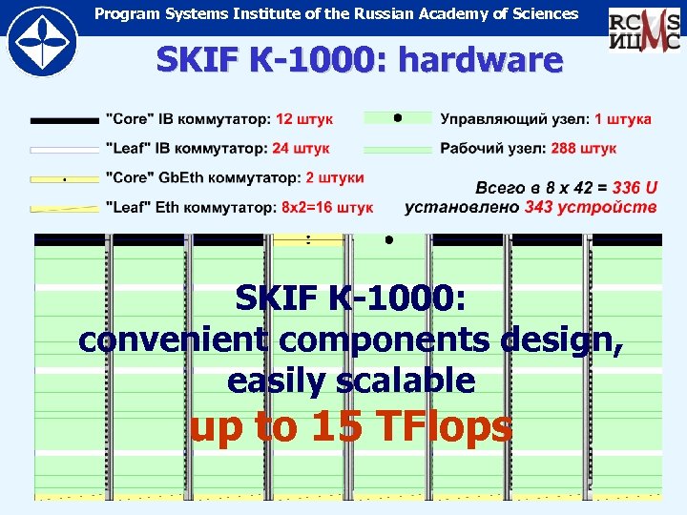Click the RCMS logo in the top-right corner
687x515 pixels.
(x=644, y=28)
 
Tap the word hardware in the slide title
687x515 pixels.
(x=481, y=61)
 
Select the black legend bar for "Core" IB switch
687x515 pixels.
(x=65, y=120)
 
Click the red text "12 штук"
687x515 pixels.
(x=304, y=119)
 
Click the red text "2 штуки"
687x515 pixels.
(x=331, y=177)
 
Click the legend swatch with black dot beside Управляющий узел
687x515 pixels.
(x=398, y=118)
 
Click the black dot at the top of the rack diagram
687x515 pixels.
(x=388, y=240)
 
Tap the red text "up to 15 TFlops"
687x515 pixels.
(x=351, y=427)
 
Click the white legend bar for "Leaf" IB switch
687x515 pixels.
(x=65, y=150)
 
